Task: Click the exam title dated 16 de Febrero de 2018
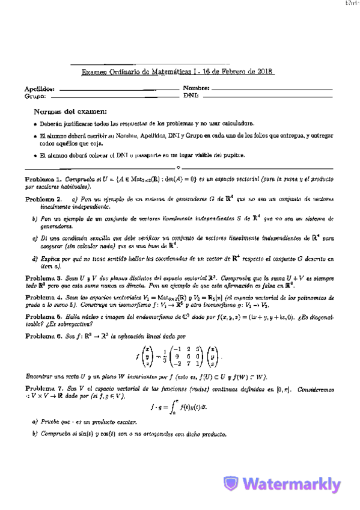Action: pos(178,72)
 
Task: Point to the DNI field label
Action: pos(191,96)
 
